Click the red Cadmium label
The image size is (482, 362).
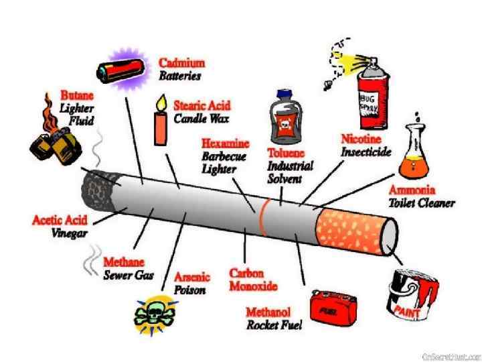[x=181, y=63]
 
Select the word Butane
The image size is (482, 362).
[x=76, y=95]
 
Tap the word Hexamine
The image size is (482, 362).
[x=225, y=144]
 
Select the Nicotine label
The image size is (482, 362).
[x=361, y=139]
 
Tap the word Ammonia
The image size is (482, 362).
[x=411, y=190]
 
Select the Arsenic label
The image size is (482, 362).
[x=192, y=277]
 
